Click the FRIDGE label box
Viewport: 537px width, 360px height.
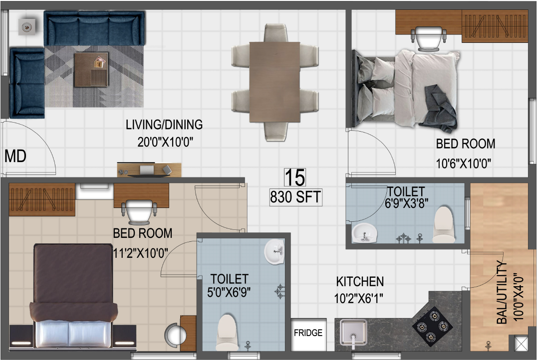tap(308, 334)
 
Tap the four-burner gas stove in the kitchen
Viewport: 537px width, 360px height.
tap(433, 326)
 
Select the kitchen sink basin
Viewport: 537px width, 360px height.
tap(353, 332)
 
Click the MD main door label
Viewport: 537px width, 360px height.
tap(15, 157)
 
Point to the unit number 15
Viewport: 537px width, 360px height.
tap(295, 178)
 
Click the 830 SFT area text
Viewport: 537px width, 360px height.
tap(296, 197)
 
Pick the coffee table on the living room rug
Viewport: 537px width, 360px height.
tap(91, 69)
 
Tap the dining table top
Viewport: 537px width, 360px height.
tap(275, 82)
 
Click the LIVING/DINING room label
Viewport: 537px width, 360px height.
tap(164, 125)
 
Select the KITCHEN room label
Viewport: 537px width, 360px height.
tap(360, 282)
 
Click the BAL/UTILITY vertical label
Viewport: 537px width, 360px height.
tap(502, 292)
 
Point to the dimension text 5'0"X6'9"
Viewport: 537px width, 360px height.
tap(229, 292)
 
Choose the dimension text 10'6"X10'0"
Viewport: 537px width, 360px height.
tap(463, 164)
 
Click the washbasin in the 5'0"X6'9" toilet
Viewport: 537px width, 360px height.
tap(274, 251)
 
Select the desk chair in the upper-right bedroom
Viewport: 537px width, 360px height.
tap(428, 38)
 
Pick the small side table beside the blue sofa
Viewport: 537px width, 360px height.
tap(27, 26)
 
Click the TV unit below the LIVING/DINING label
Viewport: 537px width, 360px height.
tap(149, 170)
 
